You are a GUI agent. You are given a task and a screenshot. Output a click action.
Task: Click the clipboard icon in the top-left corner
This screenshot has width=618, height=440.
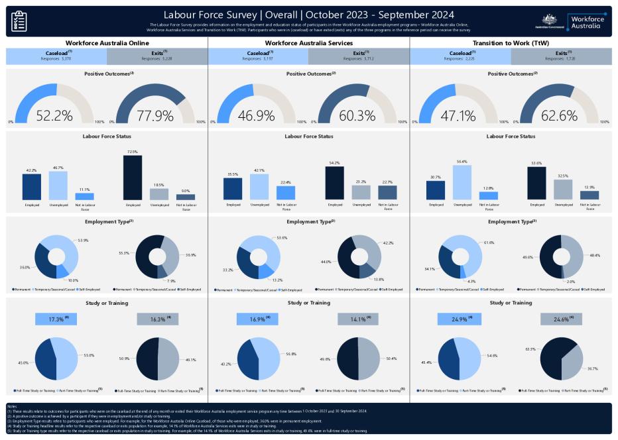[20, 21]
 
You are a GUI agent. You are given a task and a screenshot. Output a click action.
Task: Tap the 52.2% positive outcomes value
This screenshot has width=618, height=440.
[54, 116]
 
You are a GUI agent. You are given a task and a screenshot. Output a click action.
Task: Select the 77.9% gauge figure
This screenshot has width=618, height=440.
[155, 116]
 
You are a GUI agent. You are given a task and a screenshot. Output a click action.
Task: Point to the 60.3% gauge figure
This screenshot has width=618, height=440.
[357, 116]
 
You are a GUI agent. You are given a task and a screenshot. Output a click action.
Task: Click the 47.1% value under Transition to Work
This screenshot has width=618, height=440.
[458, 116]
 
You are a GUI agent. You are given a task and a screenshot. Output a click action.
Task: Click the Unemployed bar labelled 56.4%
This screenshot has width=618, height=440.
[462, 182]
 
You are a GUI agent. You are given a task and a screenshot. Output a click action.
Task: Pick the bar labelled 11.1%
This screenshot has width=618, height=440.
[84, 196]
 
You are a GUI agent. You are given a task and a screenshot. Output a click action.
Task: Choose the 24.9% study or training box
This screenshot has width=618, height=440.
[460, 319]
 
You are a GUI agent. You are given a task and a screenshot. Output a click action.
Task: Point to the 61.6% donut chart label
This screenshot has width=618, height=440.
[490, 243]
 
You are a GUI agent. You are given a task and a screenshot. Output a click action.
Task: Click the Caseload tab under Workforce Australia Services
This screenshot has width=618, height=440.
[259, 56]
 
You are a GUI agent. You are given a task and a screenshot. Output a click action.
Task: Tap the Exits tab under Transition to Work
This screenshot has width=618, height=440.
[561, 56]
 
